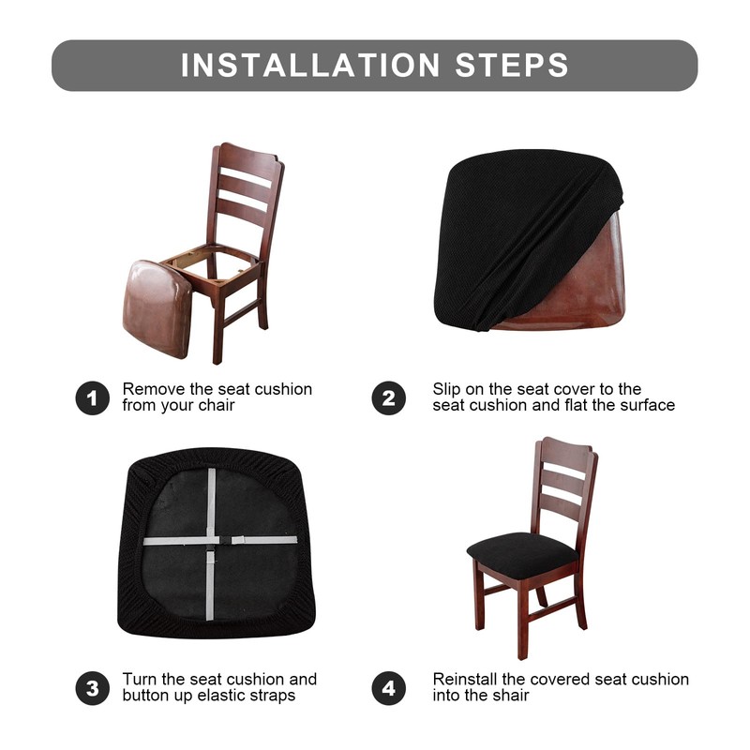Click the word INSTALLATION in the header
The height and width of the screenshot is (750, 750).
point(309,65)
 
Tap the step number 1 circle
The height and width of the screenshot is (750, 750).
point(92,398)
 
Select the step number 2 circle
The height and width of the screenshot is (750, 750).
point(388,398)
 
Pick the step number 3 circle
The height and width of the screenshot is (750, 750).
point(92,688)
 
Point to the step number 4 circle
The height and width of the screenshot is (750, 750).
point(388,688)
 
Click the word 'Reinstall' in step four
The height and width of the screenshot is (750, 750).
point(466,679)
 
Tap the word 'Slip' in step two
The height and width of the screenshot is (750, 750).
point(448,389)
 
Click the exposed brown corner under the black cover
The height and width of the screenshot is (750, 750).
point(600,281)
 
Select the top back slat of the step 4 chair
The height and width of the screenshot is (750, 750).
point(563,470)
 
